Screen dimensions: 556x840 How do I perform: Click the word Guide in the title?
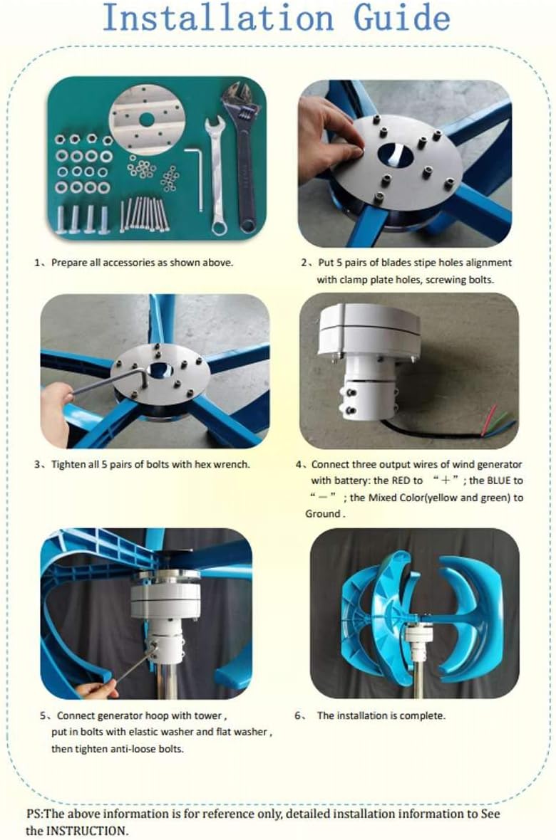[401, 19]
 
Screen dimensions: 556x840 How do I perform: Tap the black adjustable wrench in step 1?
[244, 155]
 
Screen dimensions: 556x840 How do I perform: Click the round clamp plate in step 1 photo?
[147, 120]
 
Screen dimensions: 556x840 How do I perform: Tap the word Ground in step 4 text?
[322, 514]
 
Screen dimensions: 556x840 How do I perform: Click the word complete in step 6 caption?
[422, 715]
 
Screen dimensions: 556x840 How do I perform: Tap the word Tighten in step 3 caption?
[68, 464]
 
